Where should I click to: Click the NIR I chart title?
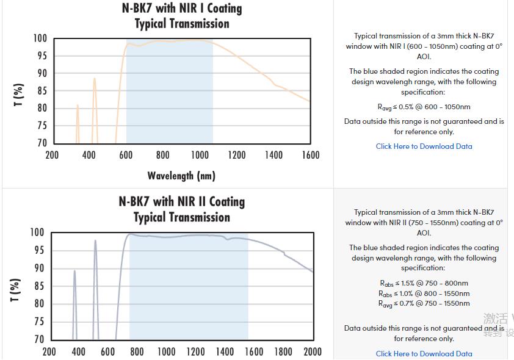coord(181,16)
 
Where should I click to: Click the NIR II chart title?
coord(181,209)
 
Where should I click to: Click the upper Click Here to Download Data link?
coord(424,146)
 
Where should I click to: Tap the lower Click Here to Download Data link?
coord(424,353)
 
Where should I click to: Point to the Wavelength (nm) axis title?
coord(181,176)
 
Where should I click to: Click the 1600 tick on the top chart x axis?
coord(310,155)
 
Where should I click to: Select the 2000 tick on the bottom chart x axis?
coord(312,351)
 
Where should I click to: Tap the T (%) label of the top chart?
coord(19,95)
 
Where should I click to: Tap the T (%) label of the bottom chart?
coord(16,290)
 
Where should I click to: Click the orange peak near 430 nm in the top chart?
coord(94,79)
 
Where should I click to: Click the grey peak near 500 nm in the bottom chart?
coord(95,242)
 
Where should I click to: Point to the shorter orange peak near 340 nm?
coord(78,106)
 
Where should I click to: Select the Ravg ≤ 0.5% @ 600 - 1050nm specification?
coord(424,107)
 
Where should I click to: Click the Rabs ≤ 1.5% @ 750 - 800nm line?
coord(424,283)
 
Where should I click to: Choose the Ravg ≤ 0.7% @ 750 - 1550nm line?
coord(424,303)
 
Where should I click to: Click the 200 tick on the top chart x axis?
coord(52,155)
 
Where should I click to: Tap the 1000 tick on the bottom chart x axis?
coord(166,351)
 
